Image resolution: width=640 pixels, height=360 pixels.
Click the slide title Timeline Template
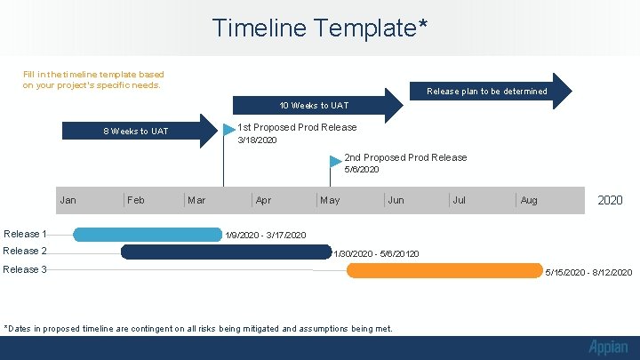pyautogui.click(x=320, y=28)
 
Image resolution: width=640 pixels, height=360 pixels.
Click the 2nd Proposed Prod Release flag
pyautogui.click(x=335, y=161)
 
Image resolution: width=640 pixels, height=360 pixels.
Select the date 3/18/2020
pyautogui.click(x=257, y=140)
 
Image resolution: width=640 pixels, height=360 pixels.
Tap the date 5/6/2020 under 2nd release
pyautogui.click(x=362, y=169)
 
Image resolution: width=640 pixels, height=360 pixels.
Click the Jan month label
pyautogui.click(x=68, y=200)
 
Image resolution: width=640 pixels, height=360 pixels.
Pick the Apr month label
pyautogui.click(x=263, y=200)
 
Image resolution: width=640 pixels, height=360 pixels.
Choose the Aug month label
pyautogui.click(x=529, y=200)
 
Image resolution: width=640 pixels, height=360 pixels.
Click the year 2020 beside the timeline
pyautogui.click(x=610, y=200)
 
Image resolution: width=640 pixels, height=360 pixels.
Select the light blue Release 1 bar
pyautogui.click(x=147, y=235)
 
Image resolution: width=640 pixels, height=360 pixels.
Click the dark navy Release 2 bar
pyautogui.click(x=226, y=252)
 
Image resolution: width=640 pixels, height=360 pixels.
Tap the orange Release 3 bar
pyautogui.click(x=444, y=270)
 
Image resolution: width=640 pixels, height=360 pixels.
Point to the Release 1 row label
pyautogui.click(x=25, y=234)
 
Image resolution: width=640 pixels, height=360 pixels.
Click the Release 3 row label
pyautogui.click(x=25, y=269)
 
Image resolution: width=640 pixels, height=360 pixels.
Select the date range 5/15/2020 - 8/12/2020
pyautogui.click(x=588, y=272)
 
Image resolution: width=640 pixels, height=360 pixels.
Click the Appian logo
pyautogui.click(x=607, y=348)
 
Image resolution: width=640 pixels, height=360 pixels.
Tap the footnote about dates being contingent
pyautogui.click(x=198, y=329)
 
